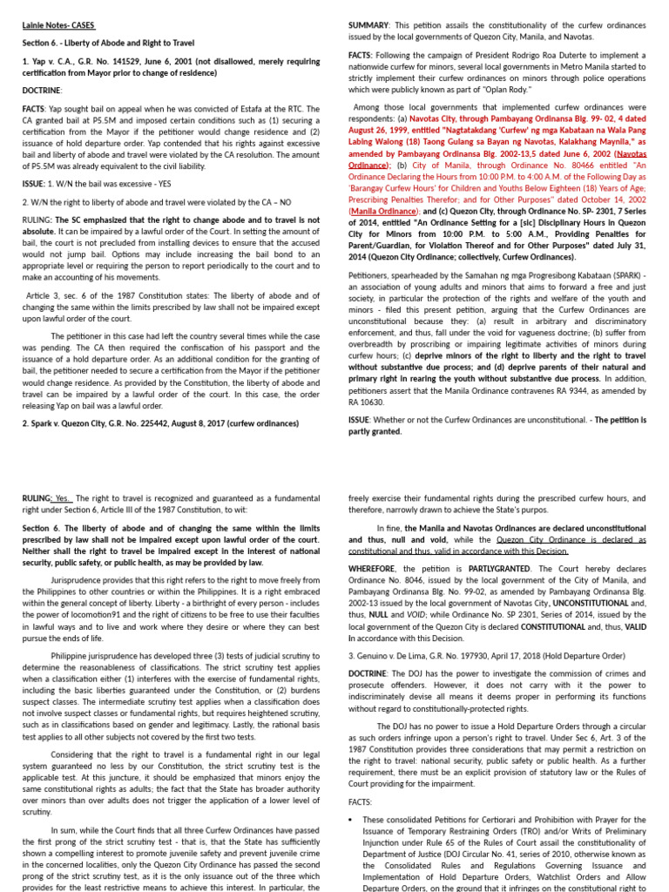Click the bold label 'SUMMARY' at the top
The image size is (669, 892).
click(x=368, y=26)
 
